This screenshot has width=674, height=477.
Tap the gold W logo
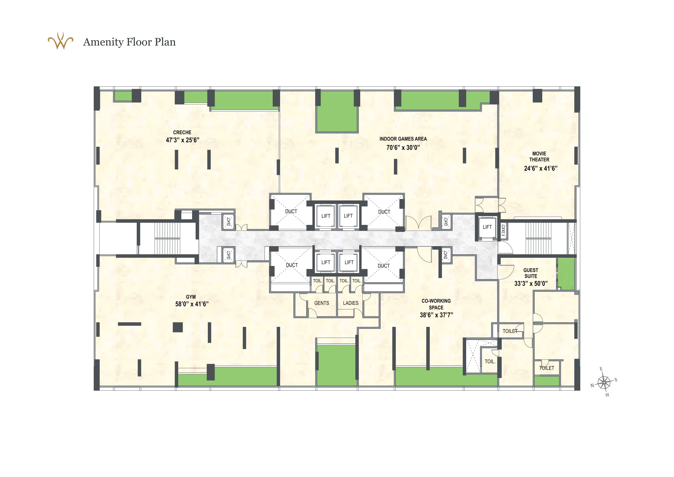tap(61, 41)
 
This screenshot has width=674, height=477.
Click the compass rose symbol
tap(604, 382)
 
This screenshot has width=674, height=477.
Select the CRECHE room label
tap(182, 132)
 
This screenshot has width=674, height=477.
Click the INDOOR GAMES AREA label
tap(403, 139)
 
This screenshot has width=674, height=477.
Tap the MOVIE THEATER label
tap(539, 157)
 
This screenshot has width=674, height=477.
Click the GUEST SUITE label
tap(531, 273)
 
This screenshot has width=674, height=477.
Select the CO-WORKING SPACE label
tap(436, 304)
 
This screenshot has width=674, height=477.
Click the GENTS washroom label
tap(321, 303)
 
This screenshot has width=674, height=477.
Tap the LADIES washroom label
tap(350, 303)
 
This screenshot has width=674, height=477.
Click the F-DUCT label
tap(503, 230)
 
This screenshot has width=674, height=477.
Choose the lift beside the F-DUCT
tap(487, 227)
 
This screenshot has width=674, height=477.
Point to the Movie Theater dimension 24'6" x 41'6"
tap(540, 168)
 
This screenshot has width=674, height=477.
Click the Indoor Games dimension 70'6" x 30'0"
tap(403, 148)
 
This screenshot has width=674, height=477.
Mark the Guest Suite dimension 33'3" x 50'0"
tap(531, 284)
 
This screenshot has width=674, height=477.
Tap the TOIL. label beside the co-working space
tap(490, 361)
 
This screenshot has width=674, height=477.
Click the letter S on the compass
tap(616, 380)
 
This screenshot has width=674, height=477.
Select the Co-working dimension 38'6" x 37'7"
tap(436, 315)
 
